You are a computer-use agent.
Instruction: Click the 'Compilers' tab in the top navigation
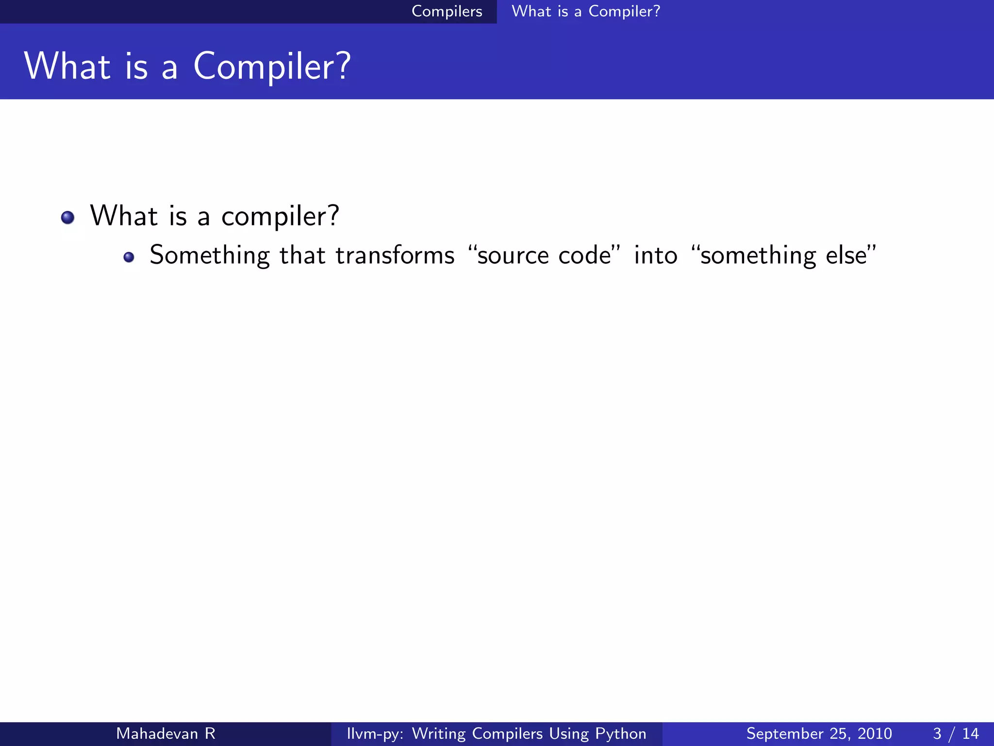click(447, 11)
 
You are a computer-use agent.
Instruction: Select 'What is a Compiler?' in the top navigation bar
click(586, 11)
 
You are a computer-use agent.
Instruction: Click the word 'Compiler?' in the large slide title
click(272, 67)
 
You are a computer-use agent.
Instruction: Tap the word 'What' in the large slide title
click(67, 67)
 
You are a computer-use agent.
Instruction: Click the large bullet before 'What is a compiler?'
click(68, 217)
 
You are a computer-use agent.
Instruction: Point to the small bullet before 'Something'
click(129, 257)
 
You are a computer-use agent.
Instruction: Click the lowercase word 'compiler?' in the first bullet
click(280, 217)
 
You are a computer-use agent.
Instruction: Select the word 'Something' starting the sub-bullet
click(210, 255)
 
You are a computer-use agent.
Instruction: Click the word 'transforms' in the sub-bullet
click(395, 255)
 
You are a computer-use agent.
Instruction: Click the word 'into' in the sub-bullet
click(656, 255)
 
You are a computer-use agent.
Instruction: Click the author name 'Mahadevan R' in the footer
click(166, 733)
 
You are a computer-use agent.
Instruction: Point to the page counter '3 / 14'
click(956, 733)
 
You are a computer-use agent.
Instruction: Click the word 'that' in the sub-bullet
click(302, 255)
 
